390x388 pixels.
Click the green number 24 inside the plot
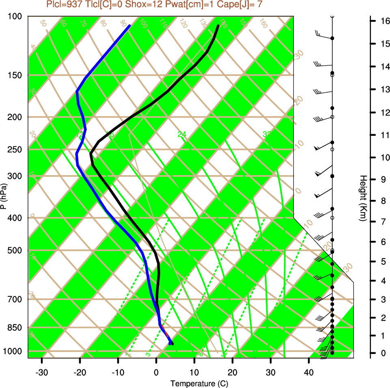tap(182, 134)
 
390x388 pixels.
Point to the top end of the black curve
tap(218, 26)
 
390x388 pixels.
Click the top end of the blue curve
tap(129, 26)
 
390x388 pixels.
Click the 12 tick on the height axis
tap(384, 112)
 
